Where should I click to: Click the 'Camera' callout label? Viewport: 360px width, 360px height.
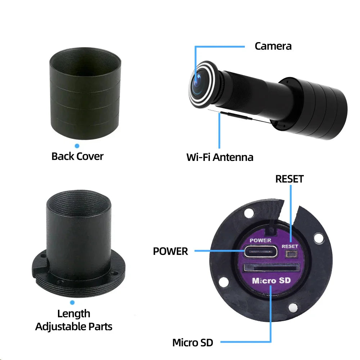point(273,46)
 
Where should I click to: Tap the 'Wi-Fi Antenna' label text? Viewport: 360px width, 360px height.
point(220,157)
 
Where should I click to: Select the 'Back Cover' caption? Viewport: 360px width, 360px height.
point(77,156)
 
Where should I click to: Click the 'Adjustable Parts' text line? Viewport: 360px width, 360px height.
point(74,327)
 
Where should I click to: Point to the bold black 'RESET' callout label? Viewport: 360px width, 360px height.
point(289,179)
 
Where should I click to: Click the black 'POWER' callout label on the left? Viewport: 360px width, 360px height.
point(170,251)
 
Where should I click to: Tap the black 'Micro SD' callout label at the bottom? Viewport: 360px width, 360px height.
point(193,342)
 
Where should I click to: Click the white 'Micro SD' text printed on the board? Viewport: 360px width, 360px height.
point(271,281)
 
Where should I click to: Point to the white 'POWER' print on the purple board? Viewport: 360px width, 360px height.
point(260,240)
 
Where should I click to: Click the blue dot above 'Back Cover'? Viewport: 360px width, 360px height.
point(77,146)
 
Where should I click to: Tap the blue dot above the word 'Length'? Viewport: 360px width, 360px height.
point(72,303)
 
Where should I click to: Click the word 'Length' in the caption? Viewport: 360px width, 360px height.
point(74,314)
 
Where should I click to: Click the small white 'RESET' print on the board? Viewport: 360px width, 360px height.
point(290,246)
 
